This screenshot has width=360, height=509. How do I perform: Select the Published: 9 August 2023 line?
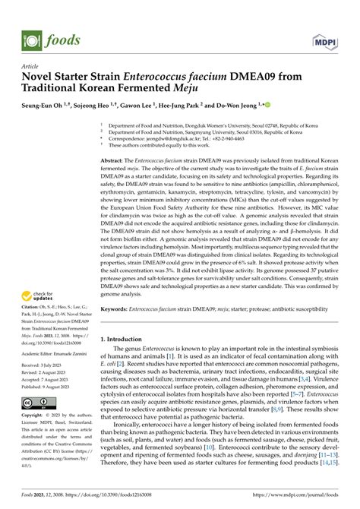pyautogui.click(x=48, y=386)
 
